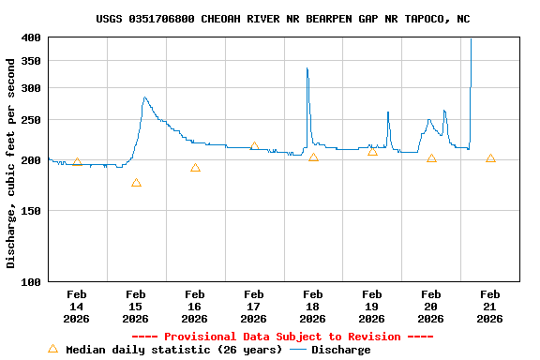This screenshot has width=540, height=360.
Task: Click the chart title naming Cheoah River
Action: coord(283,19)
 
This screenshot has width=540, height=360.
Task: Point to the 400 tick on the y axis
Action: coord(31,37)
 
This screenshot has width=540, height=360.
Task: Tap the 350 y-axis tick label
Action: coord(31,61)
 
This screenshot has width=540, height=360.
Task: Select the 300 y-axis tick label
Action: coord(31,88)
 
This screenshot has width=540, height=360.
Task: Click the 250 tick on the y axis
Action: coord(31,120)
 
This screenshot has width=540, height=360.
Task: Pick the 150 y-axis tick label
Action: coord(31,211)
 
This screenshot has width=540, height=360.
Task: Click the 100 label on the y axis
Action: coord(31,281)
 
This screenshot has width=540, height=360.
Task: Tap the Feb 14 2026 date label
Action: coord(77,307)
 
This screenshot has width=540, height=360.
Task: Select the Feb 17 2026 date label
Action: coord(254,307)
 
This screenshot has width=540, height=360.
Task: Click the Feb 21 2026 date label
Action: coord(489,307)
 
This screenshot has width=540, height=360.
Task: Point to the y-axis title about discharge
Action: coord(11,163)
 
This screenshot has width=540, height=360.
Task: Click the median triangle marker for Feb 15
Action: coord(136,183)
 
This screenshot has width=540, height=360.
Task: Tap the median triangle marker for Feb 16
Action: coord(195,168)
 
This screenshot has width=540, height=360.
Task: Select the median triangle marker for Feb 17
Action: coord(254,146)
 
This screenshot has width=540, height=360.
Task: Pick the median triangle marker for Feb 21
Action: coord(490,158)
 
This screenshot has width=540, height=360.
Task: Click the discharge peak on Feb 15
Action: coord(144,97)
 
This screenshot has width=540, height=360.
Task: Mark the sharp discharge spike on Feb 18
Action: coord(307,68)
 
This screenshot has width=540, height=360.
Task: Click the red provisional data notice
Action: coord(283,337)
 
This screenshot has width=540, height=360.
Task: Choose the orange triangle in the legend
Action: coord(52,349)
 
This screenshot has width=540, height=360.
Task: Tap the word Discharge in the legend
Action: coord(340,350)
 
